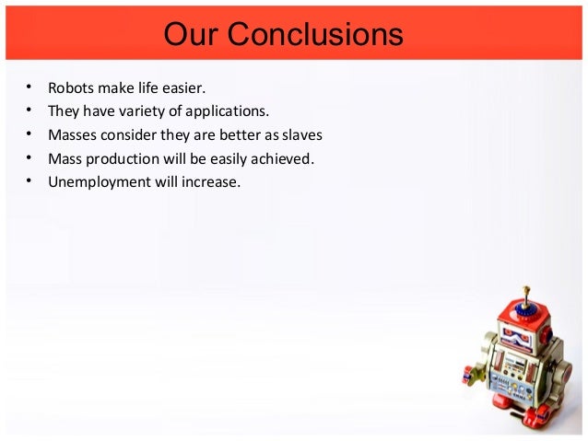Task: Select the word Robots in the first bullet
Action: [x=72, y=89]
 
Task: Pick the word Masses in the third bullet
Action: [x=74, y=135]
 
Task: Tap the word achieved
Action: [x=281, y=158]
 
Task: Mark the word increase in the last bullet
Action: [x=209, y=181]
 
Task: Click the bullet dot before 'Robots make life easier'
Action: [x=29, y=88]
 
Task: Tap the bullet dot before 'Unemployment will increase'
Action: [x=29, y=180]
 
